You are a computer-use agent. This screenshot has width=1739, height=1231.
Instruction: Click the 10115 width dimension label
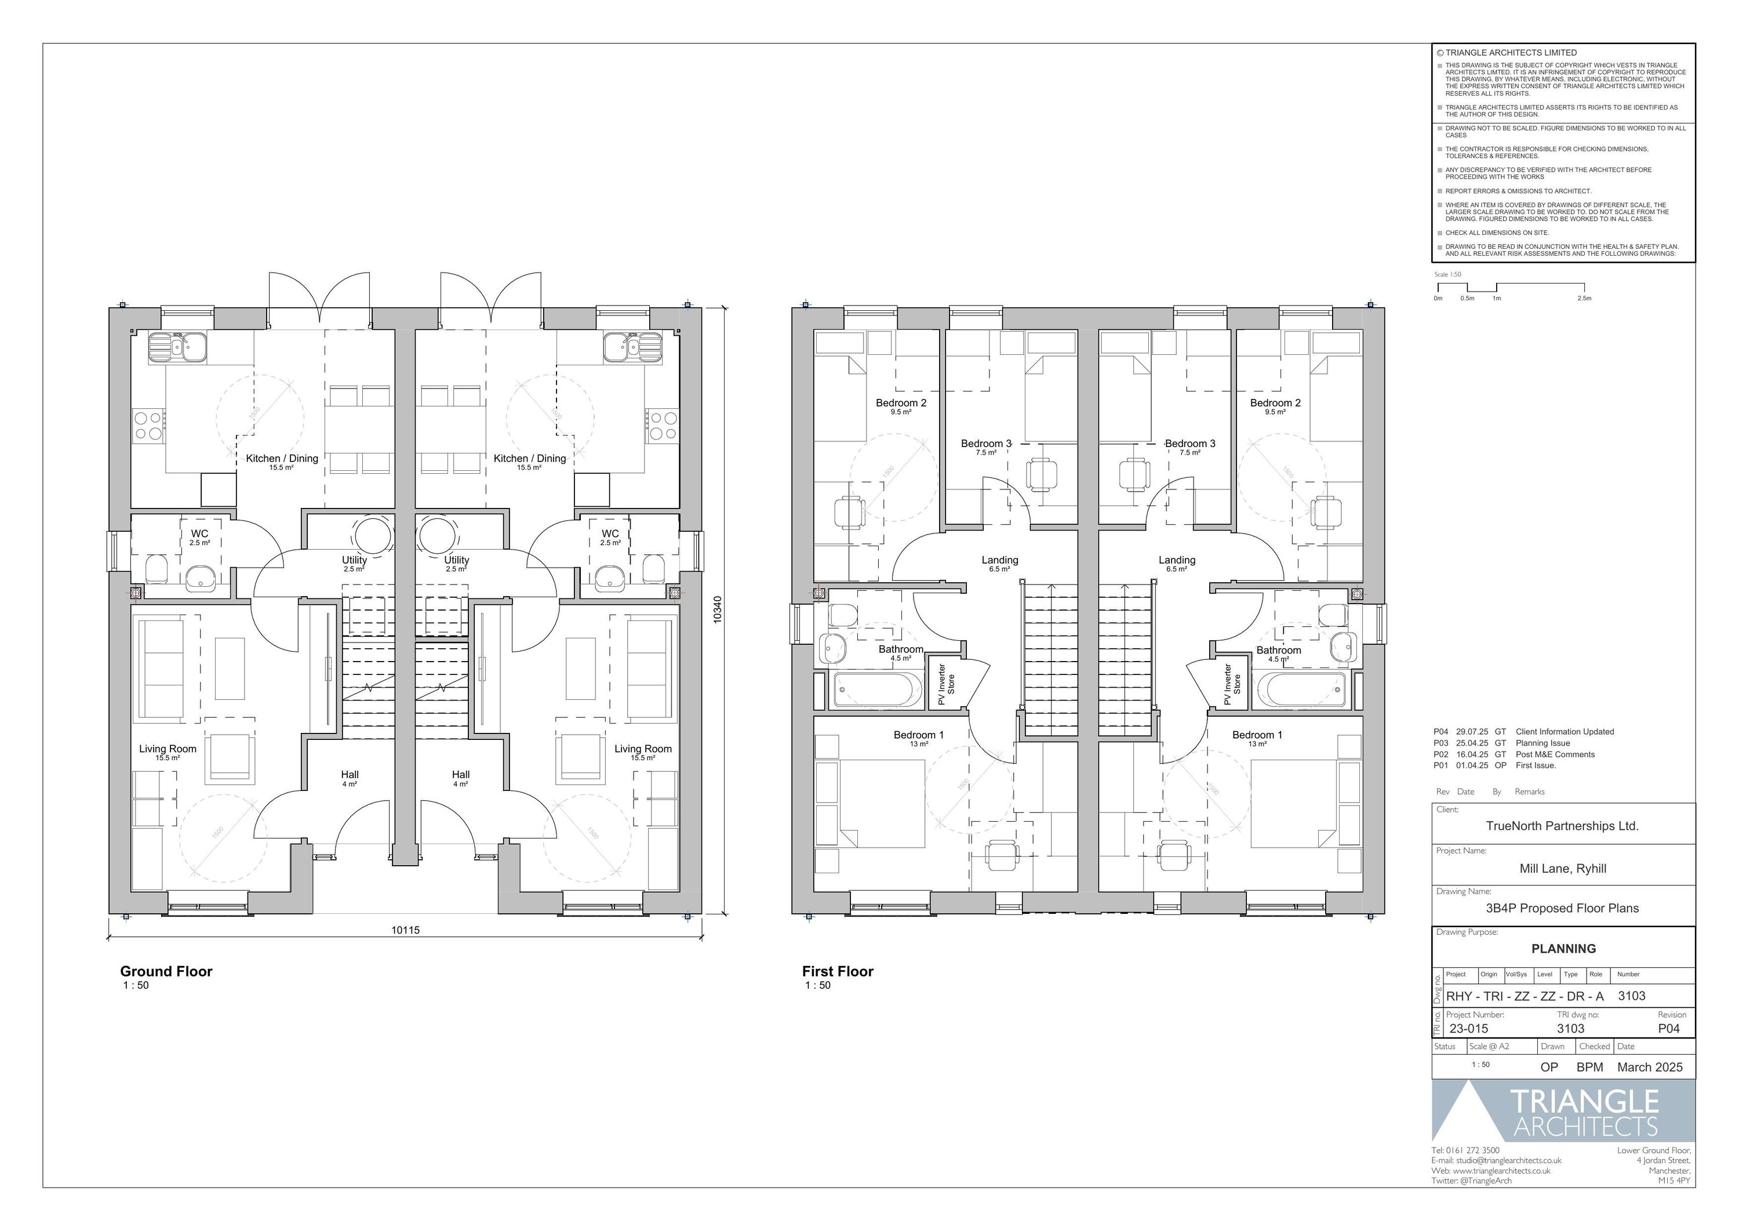coord(405,930)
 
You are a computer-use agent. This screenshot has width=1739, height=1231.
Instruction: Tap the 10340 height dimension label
coord(718,610)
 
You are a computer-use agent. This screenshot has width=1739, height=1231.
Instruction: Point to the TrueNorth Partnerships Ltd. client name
coord(1562,826)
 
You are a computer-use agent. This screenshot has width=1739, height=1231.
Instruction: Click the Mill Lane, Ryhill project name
coord(1562,869)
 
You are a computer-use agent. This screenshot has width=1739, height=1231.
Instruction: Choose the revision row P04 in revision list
coord(1523,732)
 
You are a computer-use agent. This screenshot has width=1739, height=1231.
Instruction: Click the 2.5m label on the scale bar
coord(1584,299)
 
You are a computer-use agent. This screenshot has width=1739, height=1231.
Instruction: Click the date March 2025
coord(1650,1066)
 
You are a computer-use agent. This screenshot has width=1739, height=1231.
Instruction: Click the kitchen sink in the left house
coord(177,347)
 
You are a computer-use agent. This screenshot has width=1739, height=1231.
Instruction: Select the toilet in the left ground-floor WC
coord(156,568)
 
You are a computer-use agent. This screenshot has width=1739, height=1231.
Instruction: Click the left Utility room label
coord(354,560)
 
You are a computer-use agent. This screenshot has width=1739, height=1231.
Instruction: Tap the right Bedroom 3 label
coord(1189,444)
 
